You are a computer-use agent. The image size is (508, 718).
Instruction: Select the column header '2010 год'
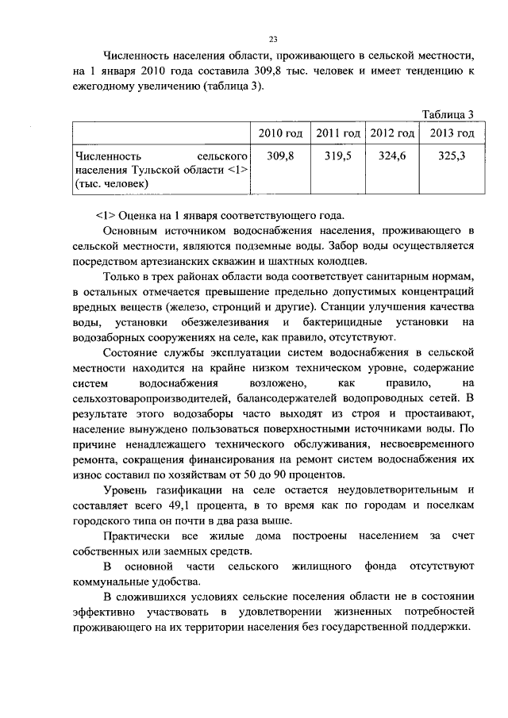[x=281, y=132]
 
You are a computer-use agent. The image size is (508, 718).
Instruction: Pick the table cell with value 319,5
[x=338, y=156]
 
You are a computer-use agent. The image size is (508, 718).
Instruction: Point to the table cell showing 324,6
[x=391, y=156]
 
